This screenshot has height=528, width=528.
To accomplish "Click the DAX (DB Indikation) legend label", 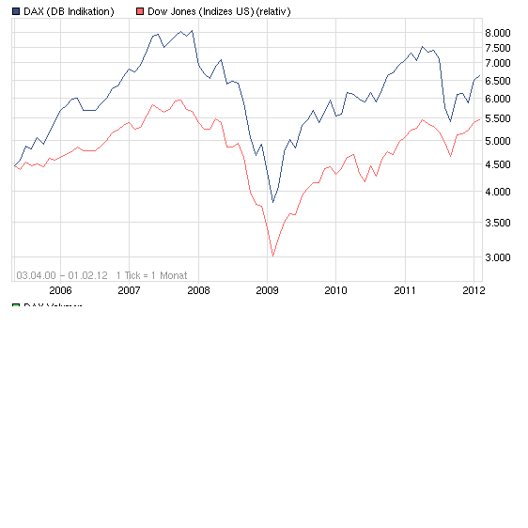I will (x=69, y=11).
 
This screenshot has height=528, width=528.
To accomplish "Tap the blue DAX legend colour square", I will (x=16, y=11).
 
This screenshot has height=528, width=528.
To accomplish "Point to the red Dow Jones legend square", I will (x=140, y=11).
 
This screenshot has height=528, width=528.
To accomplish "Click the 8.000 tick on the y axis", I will (x=498, y=33).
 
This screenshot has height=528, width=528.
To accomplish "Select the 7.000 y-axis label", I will (x=498, y=63).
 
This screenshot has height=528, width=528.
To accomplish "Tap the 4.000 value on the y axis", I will (x=498, y=192).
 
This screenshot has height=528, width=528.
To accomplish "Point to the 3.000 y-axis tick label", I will (x=498, y=256).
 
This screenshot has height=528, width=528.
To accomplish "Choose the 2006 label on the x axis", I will (x=60, y=290).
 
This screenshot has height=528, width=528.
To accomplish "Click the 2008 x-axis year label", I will (x=198, y=290).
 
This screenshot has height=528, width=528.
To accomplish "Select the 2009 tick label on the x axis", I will (x=267, y=290).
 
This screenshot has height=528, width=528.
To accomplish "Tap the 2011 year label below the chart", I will (x=405, y=290).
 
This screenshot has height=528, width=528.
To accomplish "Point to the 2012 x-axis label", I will (x=473, y=290).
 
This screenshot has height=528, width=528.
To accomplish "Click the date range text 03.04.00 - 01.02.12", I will (x=62, y=275).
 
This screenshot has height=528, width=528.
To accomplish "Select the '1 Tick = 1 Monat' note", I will (x=152, y=275).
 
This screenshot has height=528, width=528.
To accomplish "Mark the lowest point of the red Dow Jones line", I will (x=273, y=256).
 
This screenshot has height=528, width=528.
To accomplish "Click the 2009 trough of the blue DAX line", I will (x=273, y=202).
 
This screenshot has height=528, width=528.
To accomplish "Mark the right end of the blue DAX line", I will (x=479, y=75).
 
